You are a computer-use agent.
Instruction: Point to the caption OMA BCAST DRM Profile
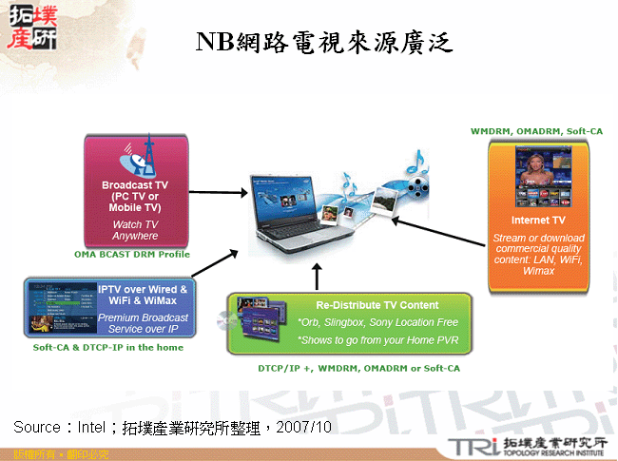(132, 255)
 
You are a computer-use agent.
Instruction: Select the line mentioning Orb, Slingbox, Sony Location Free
(377, 323)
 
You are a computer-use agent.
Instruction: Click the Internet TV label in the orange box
(538, 220)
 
